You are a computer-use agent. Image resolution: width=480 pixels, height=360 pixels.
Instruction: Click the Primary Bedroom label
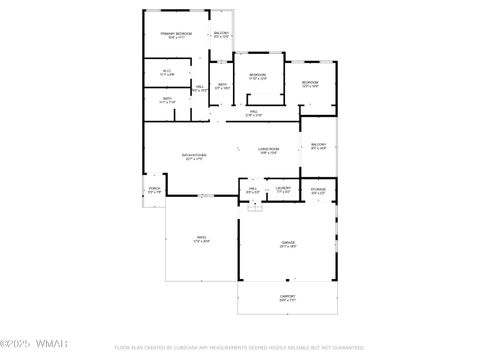(176, 35)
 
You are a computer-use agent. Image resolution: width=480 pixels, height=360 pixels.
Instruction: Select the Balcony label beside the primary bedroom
(221, 35)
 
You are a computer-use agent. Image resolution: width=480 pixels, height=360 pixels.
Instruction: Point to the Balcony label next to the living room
(318, 147)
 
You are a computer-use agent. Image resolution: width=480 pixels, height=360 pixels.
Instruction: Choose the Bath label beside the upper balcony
(223, 86)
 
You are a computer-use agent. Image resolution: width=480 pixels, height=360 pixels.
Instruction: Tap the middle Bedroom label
(257, 76)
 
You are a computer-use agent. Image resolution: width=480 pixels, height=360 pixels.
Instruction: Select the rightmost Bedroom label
(310, 84)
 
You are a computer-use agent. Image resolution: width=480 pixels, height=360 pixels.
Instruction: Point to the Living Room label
(269, 150)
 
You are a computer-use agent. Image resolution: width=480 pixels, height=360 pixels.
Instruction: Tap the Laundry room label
(283, 189)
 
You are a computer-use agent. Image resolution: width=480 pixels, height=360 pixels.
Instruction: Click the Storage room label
(318, 189)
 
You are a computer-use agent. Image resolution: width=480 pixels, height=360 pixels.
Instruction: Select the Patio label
(201, 239)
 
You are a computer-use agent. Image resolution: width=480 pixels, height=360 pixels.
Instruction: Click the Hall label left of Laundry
(254, 189)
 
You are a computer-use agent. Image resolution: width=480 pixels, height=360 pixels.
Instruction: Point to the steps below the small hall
(254, 207)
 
